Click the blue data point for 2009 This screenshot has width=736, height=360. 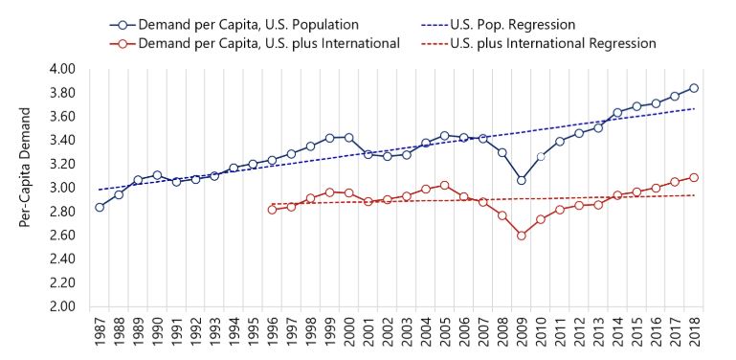point(522,180)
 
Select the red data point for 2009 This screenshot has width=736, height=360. point(522,235)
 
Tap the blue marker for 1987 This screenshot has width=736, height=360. point(100,207)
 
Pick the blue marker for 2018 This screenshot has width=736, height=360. point(694,88)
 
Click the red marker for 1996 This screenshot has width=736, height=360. point(272,209)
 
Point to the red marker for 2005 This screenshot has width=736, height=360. point(444,185)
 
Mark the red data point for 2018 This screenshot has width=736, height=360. point(694,177)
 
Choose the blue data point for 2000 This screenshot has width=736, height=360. point(348,138)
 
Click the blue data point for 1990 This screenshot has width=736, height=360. point(157,176)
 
